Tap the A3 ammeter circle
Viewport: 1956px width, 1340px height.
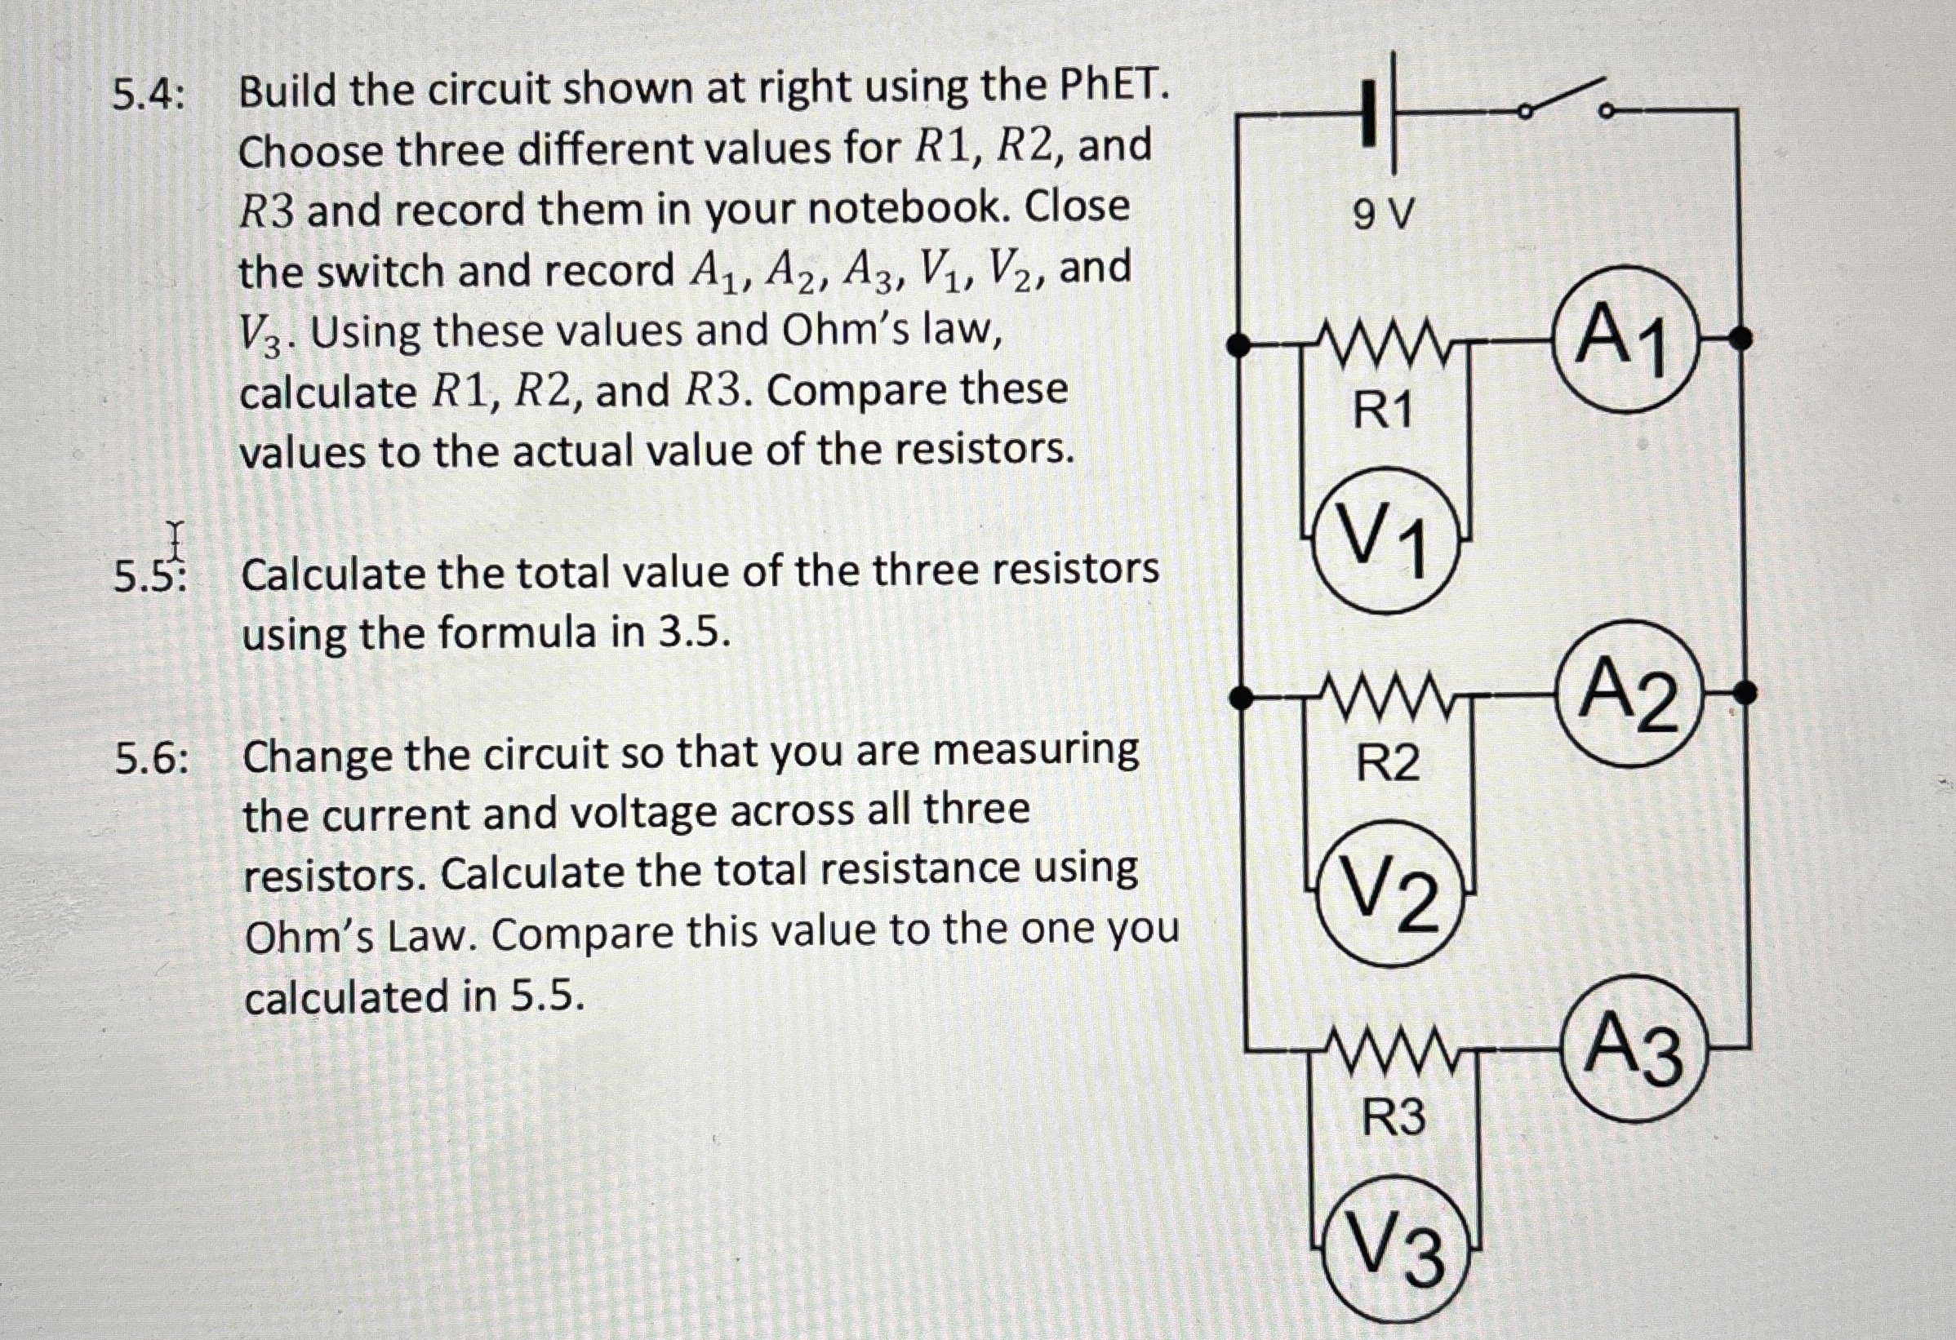pos(1636,1048)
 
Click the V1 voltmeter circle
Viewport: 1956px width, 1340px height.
pos(1386,539)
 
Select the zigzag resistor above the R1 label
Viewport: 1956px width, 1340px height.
pos(1382,344)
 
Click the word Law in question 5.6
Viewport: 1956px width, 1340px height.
pos(433,935)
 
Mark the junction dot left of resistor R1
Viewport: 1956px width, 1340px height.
pos(1238,344)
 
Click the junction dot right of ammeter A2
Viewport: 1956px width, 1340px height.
pos(1746,693)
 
